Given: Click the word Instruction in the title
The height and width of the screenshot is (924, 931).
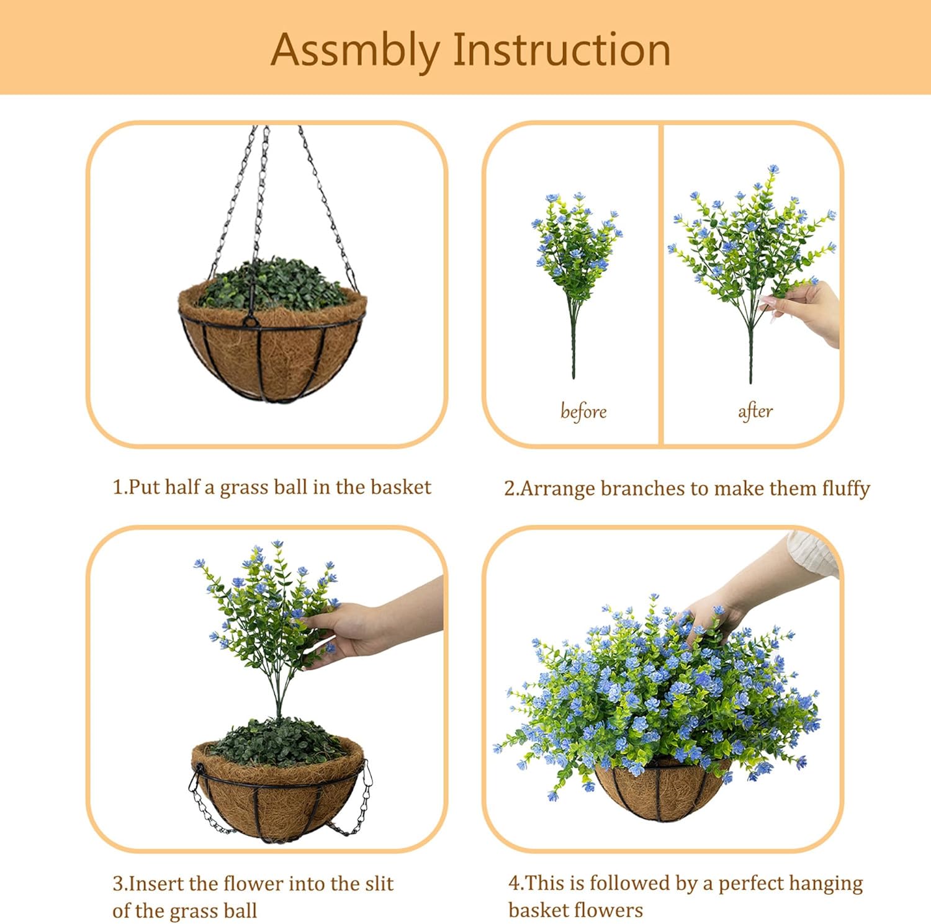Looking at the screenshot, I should pyautogui.click(x=562, y=50).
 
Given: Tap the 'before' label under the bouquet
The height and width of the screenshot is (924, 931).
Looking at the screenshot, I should pyautogui.click(x=583, y=411).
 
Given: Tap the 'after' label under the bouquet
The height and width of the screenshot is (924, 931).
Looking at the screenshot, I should pyautogui.click(x=755, y=411).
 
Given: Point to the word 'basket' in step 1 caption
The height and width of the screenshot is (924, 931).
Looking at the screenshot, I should pyautogui.click(x=400, y=487).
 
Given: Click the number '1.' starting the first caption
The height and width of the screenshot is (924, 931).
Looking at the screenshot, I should pyautogui.click(x=119, y=487).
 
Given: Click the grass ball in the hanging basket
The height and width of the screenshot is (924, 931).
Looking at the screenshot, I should pyautogui.click(x=273, y=285).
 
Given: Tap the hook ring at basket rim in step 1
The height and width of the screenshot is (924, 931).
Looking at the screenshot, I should pyautogui.click(x=250, y=321).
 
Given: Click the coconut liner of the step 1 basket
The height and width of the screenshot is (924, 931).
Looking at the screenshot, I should pyautogui.click(x=292, y=354).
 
